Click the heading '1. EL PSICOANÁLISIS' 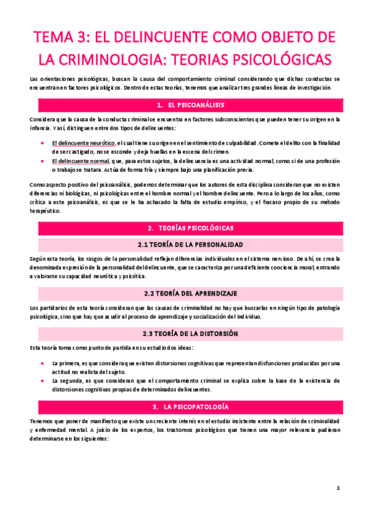[185, 104]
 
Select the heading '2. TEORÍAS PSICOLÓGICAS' [185, 228]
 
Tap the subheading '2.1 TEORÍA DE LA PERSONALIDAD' [185, 244]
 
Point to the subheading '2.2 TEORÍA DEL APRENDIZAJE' [185, 292]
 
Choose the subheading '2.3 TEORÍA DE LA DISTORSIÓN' [185, 333]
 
